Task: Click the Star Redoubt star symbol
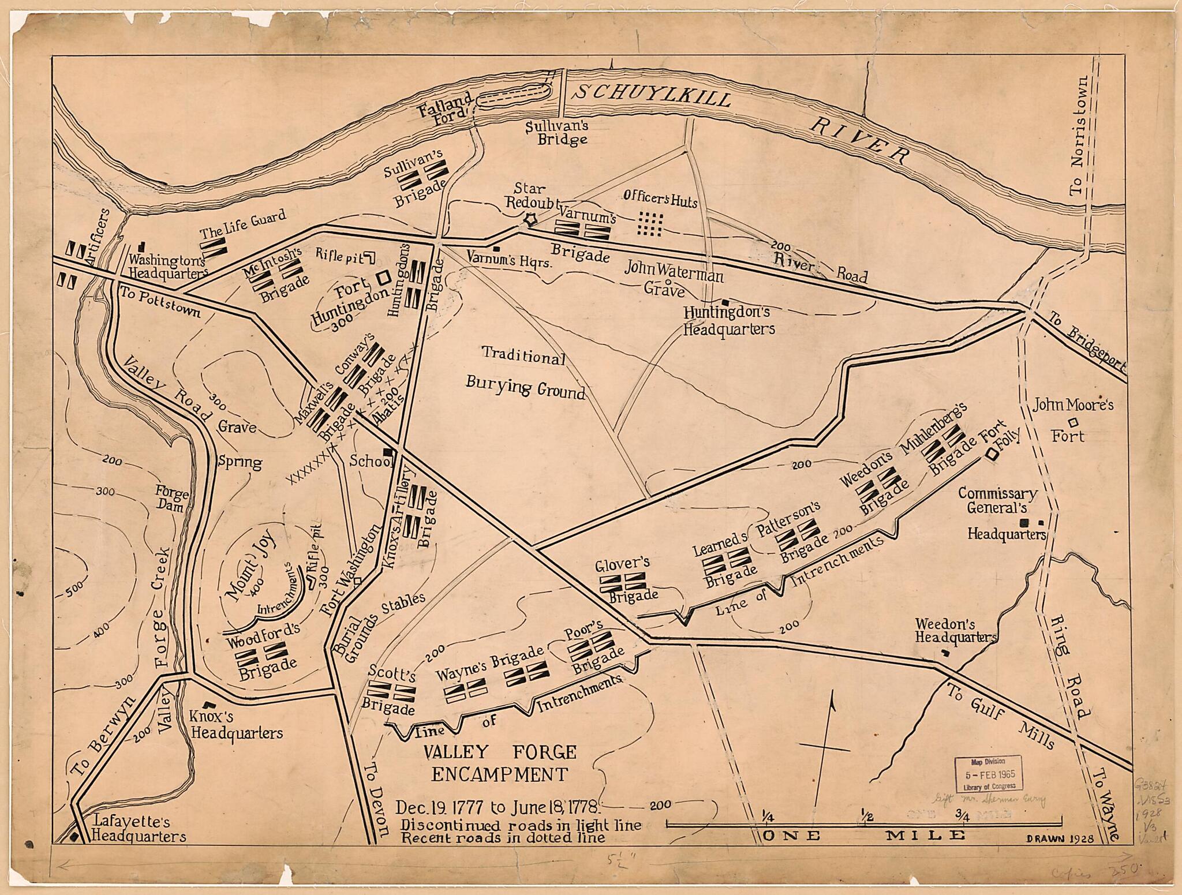(x=529, y=220)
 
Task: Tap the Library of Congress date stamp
(x=988, y=774)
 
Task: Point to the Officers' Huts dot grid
(x=650, y=224)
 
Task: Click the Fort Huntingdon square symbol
(x=382, y=278)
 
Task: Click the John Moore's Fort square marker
(x=1073, y=421)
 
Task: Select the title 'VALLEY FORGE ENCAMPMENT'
(x=500, y=762)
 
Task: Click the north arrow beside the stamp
(x=829, y=744)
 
